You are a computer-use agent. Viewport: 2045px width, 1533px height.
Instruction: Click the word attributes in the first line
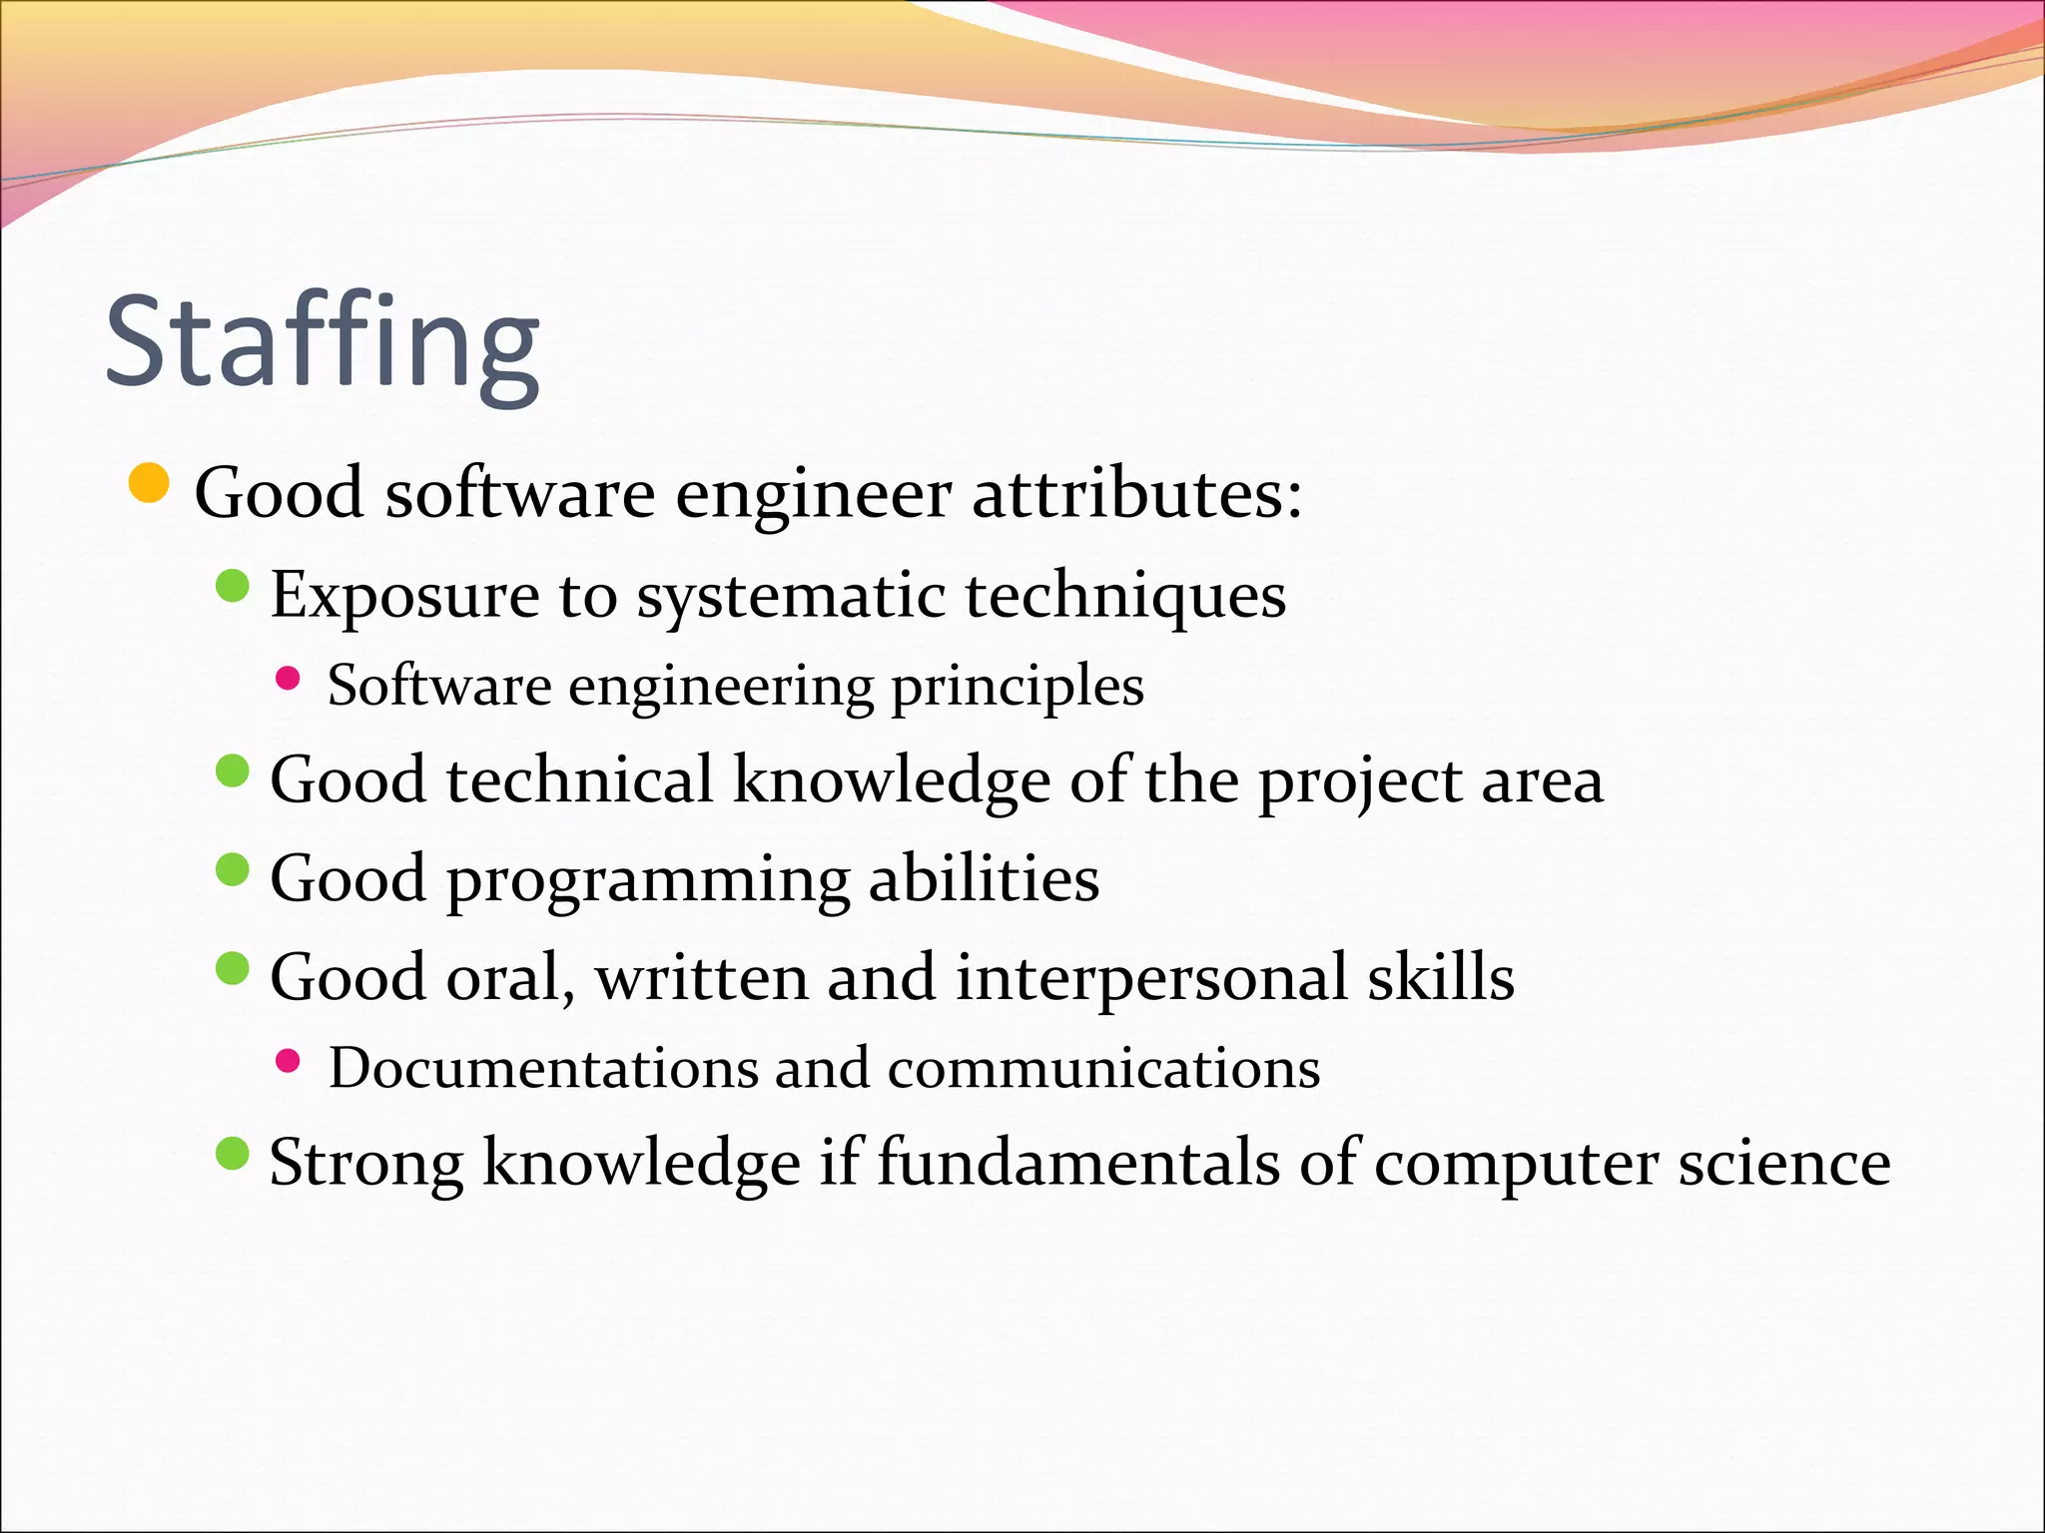point(1136,493)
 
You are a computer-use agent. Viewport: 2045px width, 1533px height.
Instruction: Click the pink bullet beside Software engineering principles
point(288,680)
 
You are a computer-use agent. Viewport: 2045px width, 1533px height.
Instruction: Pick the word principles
point(1017,687)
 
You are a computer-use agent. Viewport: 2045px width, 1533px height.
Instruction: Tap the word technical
point(580,779)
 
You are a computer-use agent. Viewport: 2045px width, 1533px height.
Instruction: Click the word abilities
point(984,878)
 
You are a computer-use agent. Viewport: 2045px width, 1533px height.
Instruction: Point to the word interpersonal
point(1151,978)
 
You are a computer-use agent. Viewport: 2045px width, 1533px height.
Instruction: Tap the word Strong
point(366,1164)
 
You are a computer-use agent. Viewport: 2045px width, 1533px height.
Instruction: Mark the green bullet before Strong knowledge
point(232,1155)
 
